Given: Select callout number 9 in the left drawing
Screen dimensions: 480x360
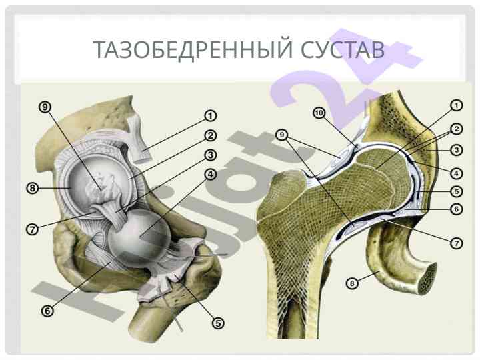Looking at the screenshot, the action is (45, 107).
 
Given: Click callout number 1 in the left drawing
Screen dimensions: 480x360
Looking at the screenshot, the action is (210, 116).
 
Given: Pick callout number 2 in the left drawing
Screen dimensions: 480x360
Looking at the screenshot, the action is (210, 135).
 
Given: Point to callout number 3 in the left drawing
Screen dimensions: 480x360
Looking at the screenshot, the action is (210, 155).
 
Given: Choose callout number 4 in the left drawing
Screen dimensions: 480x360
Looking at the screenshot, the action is (210, 175).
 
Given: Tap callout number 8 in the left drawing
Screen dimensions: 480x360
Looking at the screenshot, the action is (33, 188).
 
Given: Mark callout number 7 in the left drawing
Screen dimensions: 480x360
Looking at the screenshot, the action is (33, 229).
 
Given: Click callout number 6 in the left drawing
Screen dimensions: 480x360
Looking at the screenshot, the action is (47, 311).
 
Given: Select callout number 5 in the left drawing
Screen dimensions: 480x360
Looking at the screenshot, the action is (218, 323).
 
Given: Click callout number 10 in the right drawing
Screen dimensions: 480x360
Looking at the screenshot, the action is (319, 113).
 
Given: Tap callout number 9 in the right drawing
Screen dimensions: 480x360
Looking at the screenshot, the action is (282, 135).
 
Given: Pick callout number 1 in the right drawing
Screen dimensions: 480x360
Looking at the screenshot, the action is (457, 105).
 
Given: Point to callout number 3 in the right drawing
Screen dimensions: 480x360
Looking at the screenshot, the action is (457, 150).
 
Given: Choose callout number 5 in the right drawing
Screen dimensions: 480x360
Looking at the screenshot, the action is (457, 191).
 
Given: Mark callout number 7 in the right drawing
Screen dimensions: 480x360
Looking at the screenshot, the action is (457, 243).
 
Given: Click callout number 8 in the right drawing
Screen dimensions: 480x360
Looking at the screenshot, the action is (352, 283).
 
